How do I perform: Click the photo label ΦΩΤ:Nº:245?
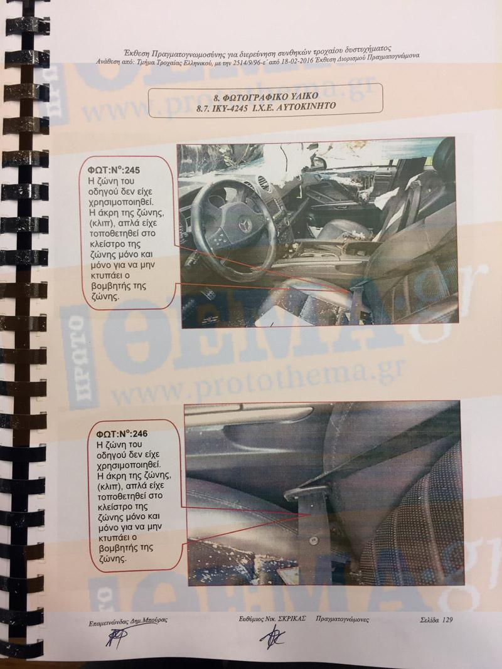tap(114, 171)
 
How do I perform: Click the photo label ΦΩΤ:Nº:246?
tap(122, 434)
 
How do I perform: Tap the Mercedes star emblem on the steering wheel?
tap(245, 224)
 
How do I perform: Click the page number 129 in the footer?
tap(447, 619)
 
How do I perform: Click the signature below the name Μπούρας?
tap(115, 638)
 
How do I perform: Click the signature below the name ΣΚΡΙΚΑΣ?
tap(272, 637)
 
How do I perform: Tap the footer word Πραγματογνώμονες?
tap(343, 619)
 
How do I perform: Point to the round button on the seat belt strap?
tap(314, 540)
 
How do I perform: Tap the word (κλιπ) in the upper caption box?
tap(101, 223)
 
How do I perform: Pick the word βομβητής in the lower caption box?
tap(117, 547)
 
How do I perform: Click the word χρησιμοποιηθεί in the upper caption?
tap(121, 201)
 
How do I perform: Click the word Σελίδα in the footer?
tap(429, 619)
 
